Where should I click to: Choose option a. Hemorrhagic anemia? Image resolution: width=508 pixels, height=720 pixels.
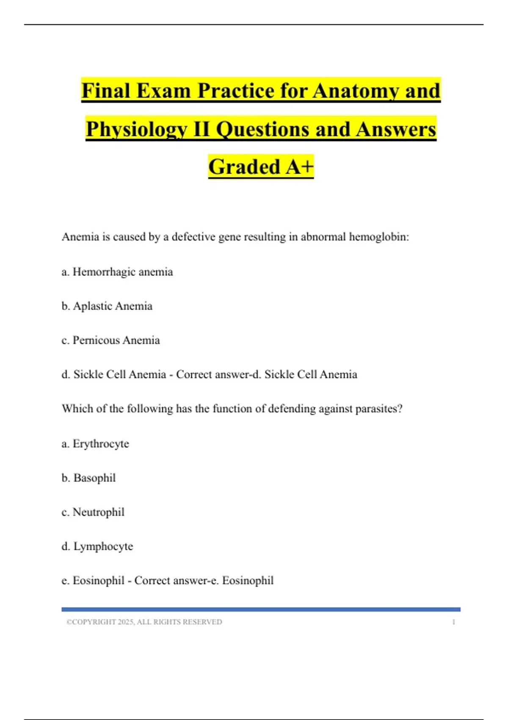coord(117,272)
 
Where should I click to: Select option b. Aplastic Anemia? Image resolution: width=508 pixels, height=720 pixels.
coord(107,306)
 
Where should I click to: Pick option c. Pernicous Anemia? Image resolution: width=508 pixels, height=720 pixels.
coord(111,341)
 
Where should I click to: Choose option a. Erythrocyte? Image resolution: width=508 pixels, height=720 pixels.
coord(96,444)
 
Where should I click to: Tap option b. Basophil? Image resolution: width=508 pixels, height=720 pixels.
coord(89,478)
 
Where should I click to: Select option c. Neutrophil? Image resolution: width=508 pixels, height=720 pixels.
coord(93,512)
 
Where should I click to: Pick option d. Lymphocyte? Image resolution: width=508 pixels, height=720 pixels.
coord(97,547)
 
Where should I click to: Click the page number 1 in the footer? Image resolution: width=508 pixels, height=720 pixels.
coord(454,622)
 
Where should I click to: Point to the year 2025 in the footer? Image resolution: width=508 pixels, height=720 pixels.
coord(126,622)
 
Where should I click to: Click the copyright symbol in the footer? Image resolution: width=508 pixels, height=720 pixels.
coord(69,622)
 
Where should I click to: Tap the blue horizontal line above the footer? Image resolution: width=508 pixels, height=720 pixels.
coord(261,609)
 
